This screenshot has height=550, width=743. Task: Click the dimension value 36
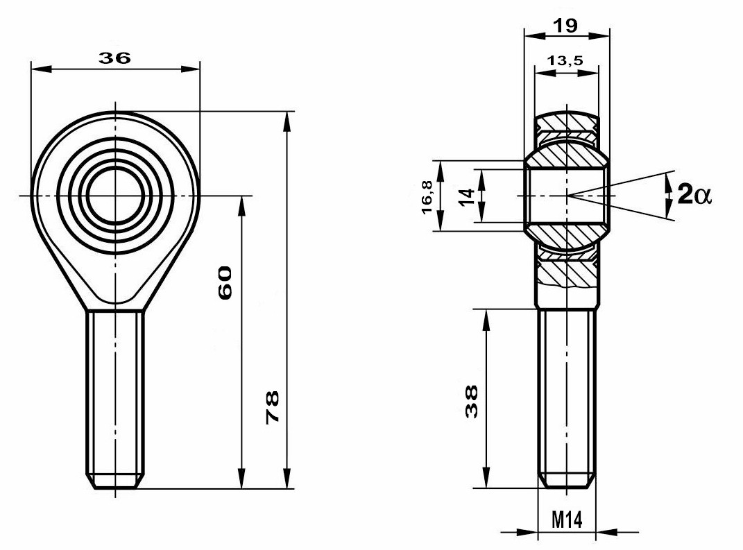tap(114, 58)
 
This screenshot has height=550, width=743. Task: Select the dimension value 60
tap(225, 282)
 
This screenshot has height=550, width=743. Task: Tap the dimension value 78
tap(273, 407)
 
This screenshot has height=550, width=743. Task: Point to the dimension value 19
tap(566, 26)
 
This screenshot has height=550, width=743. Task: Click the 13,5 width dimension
tap(565, 60)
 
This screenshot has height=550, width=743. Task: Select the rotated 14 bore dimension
tap(466, 196)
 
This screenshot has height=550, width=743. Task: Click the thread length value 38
tap(472, 402)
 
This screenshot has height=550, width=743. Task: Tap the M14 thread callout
tap(567, 520)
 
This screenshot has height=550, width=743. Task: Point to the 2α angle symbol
tap(694, 194)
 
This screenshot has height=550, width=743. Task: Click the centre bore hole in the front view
tap(115, 195)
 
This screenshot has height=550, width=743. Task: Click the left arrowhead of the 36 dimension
tap(41, 69)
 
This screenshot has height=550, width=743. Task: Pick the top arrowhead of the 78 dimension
tap(287, 121)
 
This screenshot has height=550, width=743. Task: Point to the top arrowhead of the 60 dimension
tap(241, 205)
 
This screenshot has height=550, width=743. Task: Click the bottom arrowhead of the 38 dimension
tap(486, 478)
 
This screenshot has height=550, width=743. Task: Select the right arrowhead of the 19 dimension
tap(599, 35)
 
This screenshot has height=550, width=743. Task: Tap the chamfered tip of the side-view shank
tap(566, 481)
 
